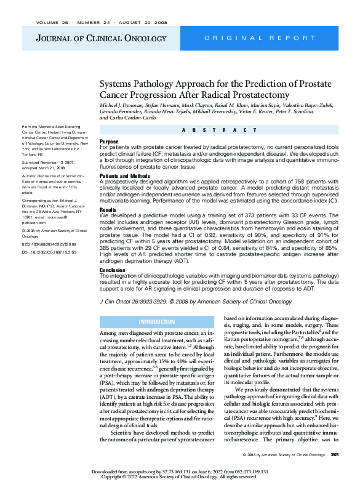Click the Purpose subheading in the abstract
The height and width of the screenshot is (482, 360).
coord(109,141)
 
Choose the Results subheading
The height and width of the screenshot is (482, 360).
coord(108,211)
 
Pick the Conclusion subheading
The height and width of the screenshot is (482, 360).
coord(113,270)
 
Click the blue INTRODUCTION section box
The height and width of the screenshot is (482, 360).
coord(156,322)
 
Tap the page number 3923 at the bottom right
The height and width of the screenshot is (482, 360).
coord(335,455)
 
